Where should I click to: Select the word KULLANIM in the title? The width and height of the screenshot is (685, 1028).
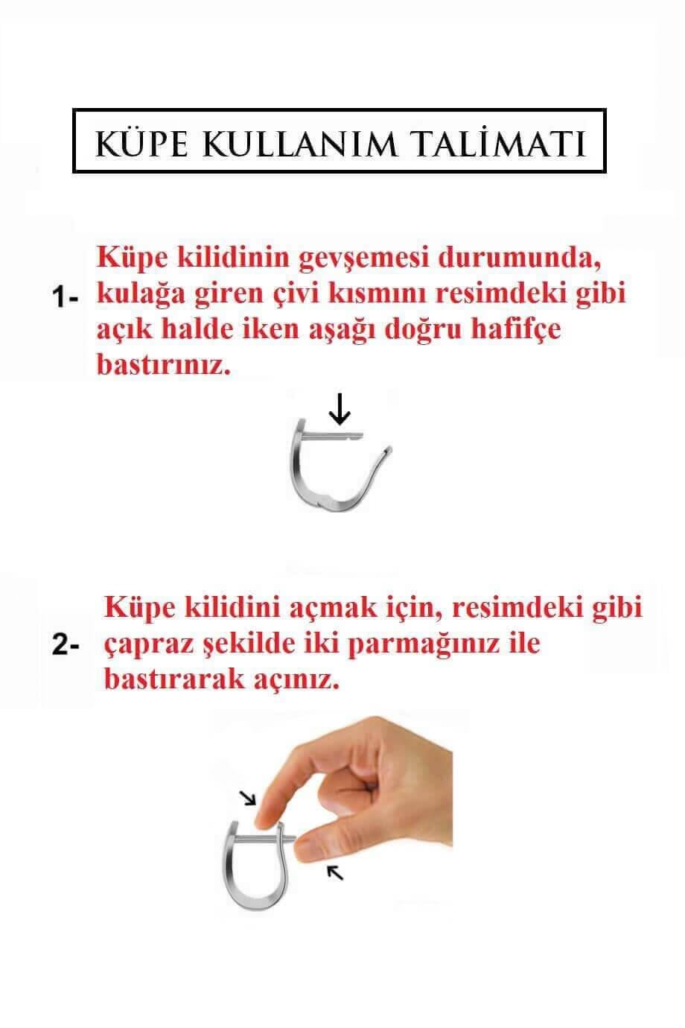click(309, 143)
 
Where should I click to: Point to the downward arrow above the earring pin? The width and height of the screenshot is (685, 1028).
click(340, 409)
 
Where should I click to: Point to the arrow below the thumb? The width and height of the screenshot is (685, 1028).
click(336, 871)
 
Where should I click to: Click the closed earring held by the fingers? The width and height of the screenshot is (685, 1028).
click(253, 872)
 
